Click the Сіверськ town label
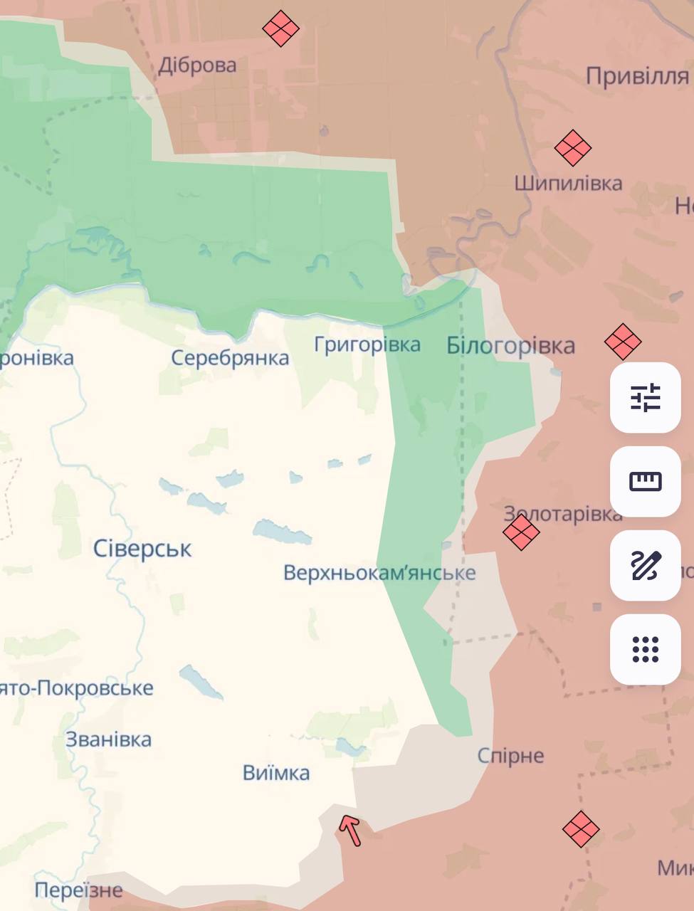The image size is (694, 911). pos(142,549)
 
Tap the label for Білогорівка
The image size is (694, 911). pos(510,346)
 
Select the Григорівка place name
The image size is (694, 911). pos(367,344)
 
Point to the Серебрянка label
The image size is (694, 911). pos(230,357)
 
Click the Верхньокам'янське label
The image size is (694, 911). pos(379,573)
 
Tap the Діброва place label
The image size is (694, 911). pos(197,65)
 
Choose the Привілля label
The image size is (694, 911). pos(637,75)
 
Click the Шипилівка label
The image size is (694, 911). pos(568,183)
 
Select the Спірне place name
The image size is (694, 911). pos(510,755)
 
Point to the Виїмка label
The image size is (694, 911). pos(276,773)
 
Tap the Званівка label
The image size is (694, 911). pos(109,739)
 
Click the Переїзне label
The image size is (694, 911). pos(78,890)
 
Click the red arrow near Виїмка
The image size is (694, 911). pos(350,830)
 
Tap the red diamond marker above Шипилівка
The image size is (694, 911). pos(573,148)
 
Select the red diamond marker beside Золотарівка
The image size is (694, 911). pos(521,532)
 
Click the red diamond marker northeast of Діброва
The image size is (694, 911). pos(280,28)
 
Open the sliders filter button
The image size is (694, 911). pos(646,397)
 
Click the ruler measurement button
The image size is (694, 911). pos(646,481)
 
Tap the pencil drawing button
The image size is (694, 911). pos(646,565)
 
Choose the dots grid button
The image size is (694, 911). pos(646,649)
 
